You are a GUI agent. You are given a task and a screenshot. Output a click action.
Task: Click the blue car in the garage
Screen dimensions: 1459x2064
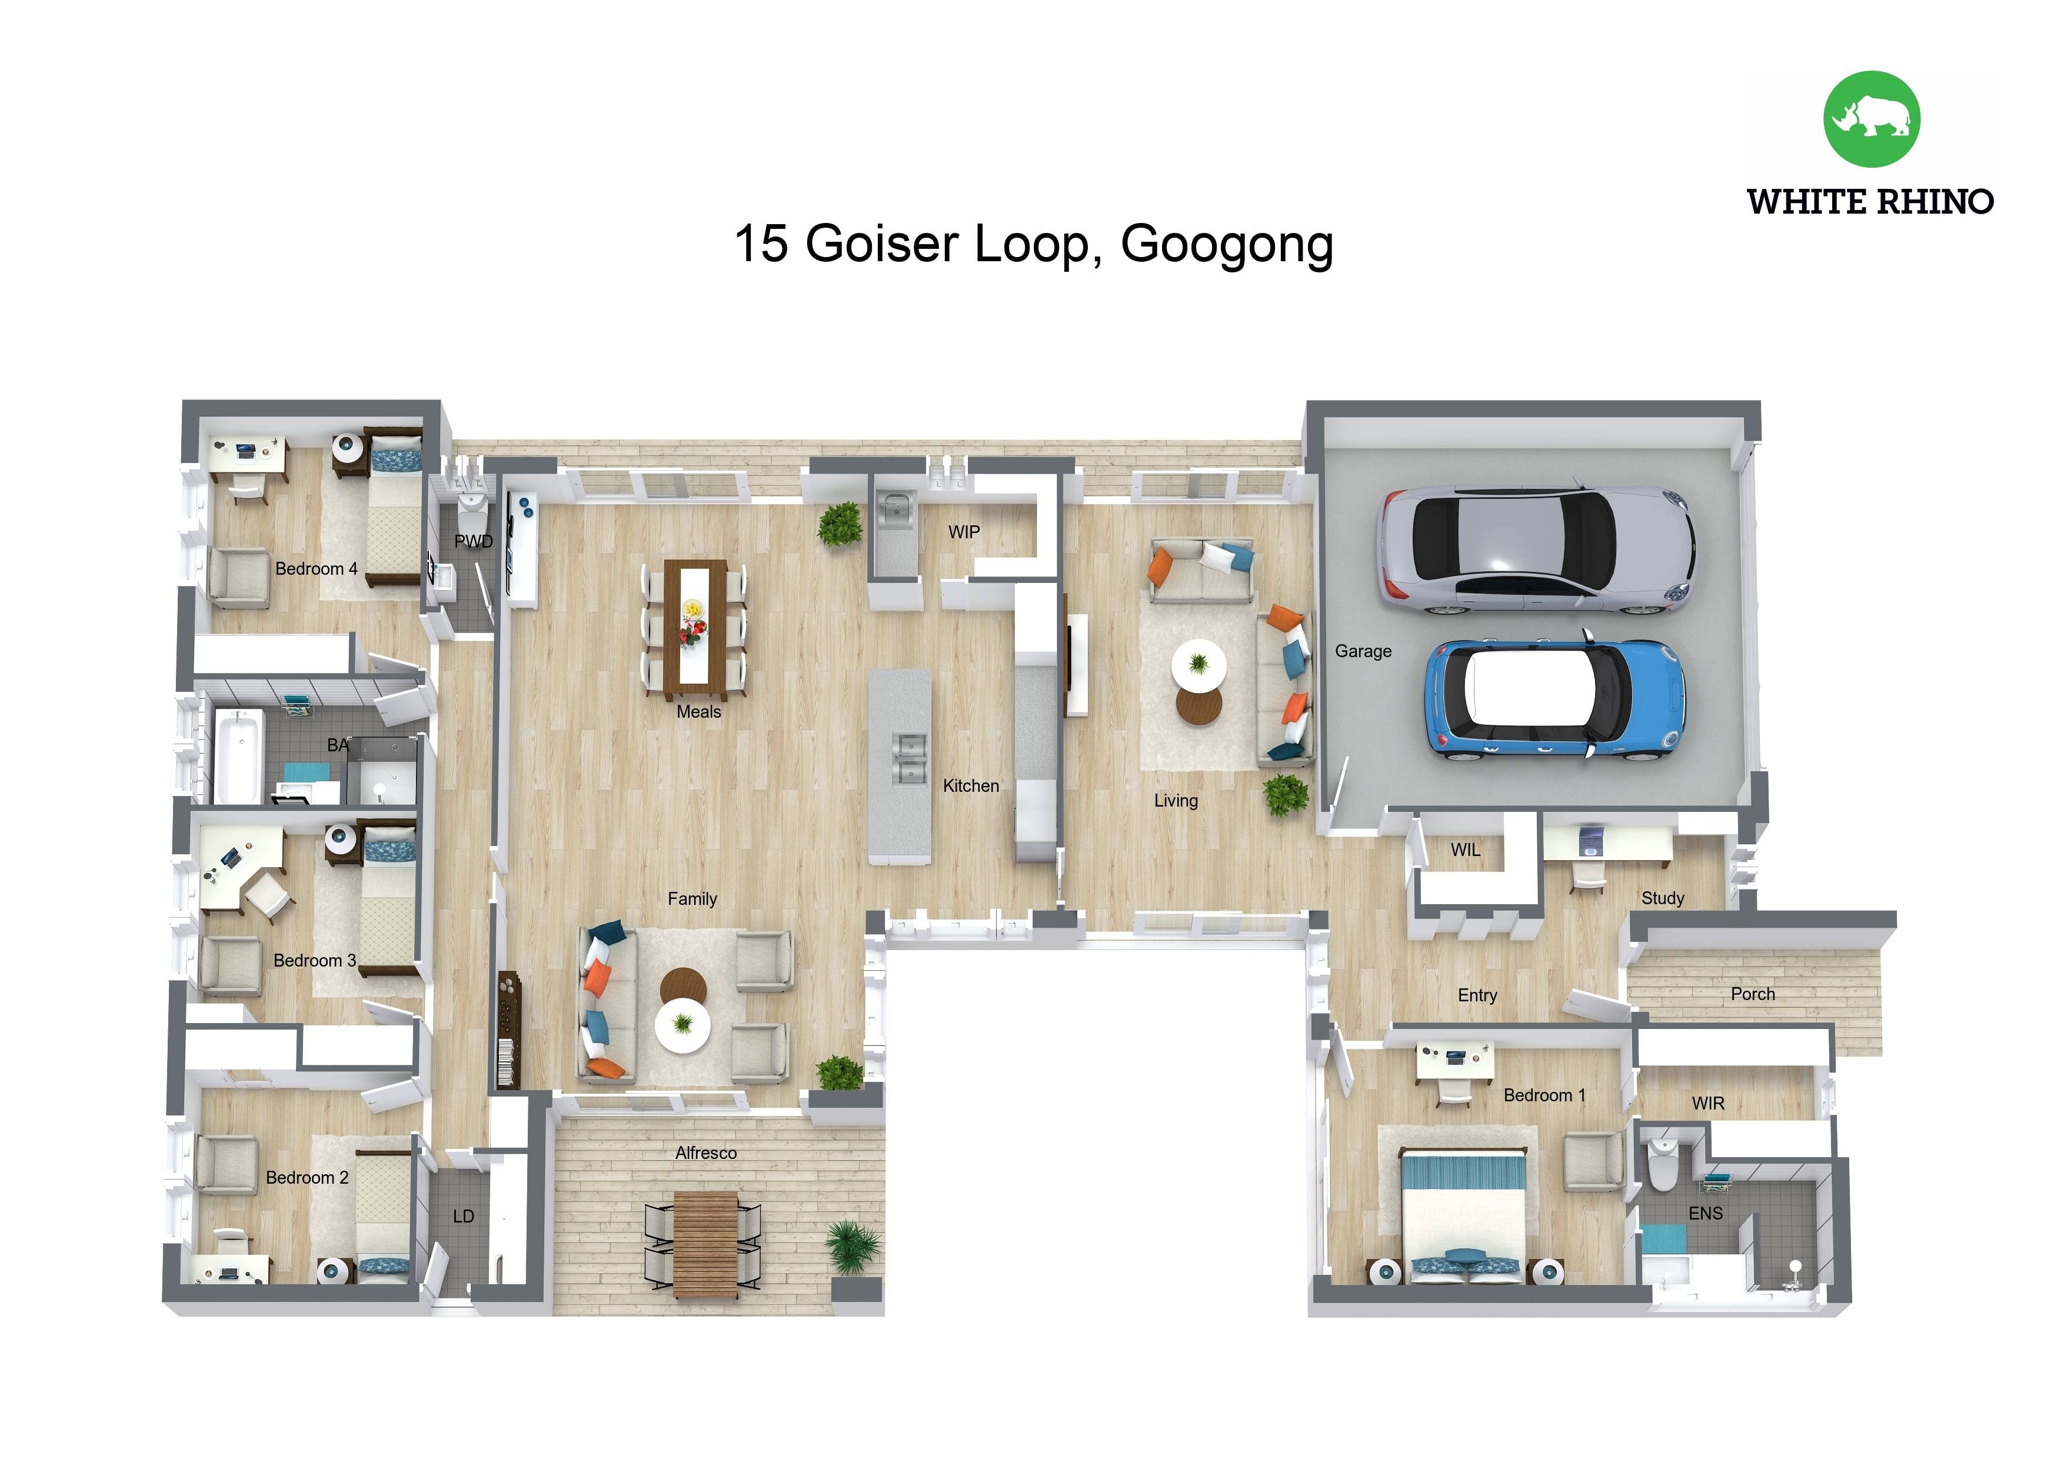1555,699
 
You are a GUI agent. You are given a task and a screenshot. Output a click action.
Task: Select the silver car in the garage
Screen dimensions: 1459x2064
1537,550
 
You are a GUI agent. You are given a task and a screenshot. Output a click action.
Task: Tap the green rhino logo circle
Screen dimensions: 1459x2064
1872,119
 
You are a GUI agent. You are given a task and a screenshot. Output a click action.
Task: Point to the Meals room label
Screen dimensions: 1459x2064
698,712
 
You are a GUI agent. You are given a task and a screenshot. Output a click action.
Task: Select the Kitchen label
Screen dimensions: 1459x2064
971,786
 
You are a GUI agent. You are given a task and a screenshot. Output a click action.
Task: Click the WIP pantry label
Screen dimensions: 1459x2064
964,532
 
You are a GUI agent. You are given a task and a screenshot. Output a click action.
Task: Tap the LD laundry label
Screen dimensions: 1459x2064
463,1216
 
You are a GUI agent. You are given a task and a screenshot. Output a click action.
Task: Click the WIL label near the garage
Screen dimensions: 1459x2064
1464,850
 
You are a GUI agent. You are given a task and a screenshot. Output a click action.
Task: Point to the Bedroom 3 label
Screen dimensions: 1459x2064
315,960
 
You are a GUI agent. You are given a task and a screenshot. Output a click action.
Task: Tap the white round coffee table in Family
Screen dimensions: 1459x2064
683,1025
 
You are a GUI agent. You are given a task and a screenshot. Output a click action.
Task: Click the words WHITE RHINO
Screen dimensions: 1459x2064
1870,201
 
